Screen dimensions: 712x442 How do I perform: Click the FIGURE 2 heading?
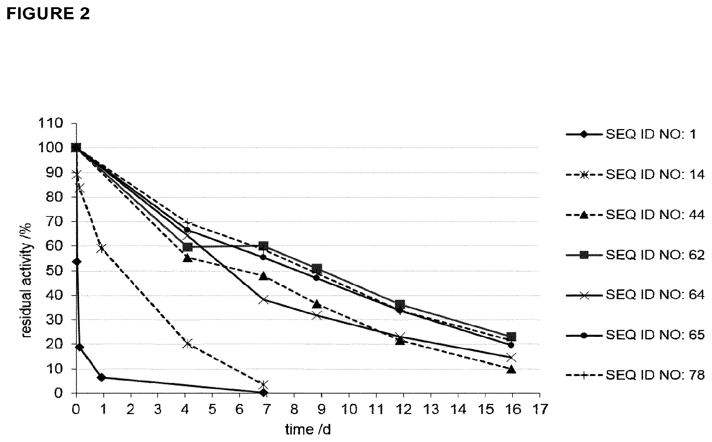(48, 13)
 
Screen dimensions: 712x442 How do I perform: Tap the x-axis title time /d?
(308, 430)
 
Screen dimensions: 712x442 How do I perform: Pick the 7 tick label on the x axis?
(267, 409)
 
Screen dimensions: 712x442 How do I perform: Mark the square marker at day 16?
(511, 336)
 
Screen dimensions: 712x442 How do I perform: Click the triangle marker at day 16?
(511, 369)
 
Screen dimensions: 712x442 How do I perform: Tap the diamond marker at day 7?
(264, 392)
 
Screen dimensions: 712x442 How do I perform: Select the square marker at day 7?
(264, 246)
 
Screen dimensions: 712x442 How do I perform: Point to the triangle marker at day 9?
(317, 303)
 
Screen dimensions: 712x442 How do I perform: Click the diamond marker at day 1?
(102, 377)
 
